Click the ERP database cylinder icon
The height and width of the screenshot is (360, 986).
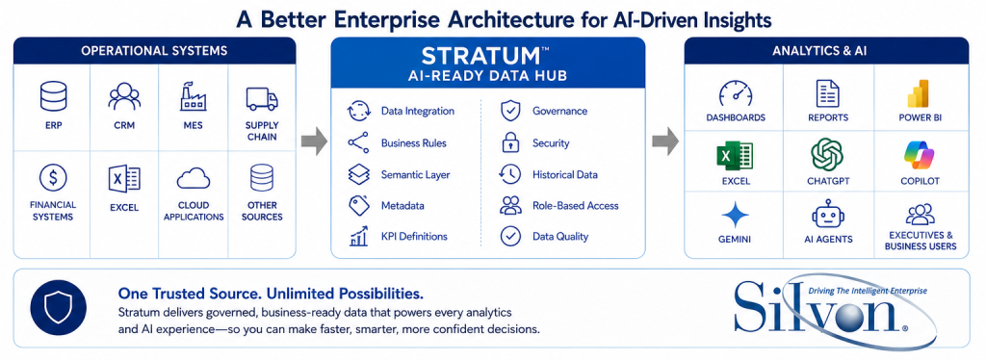[x=54, y=97]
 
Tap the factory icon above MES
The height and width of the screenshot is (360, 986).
[x=193, y=97]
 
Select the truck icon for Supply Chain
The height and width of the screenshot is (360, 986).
[x=262, y=98]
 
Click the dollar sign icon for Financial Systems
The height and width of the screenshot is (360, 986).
[x=53, y=178]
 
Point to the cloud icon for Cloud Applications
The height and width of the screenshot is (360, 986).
[x=193, y=179]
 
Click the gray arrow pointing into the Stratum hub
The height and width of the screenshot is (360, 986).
[x=314, y=142]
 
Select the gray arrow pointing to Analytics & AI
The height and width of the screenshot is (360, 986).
[x=664, y=142]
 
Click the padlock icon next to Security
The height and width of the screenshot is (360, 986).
[x=509, y=143]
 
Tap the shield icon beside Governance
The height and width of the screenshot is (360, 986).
[x=509, y=111]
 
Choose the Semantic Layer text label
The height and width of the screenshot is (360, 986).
[x=415, y=174]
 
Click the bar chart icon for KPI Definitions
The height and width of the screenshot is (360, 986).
[x=358, y=236]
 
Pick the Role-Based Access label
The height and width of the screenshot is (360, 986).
[x=576, y=205]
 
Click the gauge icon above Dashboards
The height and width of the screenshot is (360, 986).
[x=735, y=94]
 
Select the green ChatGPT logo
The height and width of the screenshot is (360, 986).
[x=827, y=155]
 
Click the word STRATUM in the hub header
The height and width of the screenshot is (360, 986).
[x=480, y=57]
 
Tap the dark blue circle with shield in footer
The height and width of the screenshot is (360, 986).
[x=59, y=308]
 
